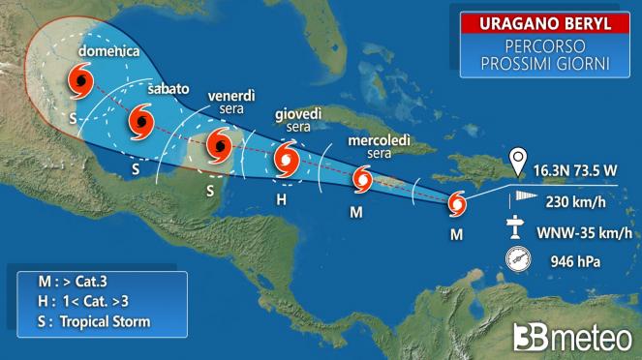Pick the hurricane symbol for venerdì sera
(220, 148)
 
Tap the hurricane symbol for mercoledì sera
(362, 179)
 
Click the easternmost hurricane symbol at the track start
(458, 204)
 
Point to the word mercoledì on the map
(381, 140)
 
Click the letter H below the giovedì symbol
(282, 200)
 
